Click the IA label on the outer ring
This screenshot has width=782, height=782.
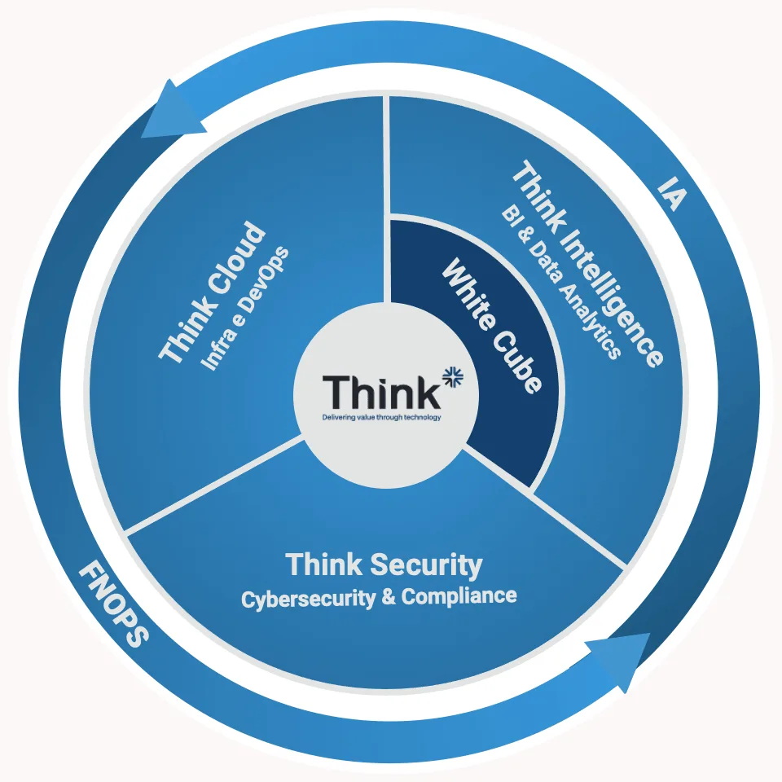(672, 193)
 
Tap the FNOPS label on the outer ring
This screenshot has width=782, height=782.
(114, 604)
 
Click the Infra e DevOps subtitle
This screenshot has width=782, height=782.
(244, 308)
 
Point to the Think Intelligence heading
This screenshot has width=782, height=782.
(588, 263)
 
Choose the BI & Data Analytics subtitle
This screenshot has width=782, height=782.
(561, 282)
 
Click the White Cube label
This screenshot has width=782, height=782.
(492, 326)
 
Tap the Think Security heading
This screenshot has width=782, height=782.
(384, 565)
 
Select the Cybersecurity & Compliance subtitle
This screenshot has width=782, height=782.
(379, 597)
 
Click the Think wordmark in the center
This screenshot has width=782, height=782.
(381, 392)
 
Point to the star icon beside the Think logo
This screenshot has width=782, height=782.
(452, 376)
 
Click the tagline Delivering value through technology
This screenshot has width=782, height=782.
(381, 417)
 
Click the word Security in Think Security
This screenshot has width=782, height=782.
(426, 565)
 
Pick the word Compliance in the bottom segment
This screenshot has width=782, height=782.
(459, 596)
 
